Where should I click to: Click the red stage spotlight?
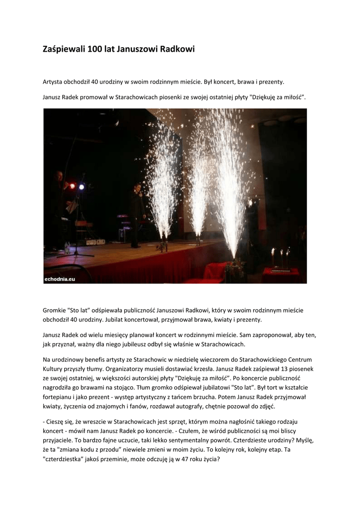[72, 186]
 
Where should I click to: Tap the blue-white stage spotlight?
[82, 186]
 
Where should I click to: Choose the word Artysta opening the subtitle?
[54, 81]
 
